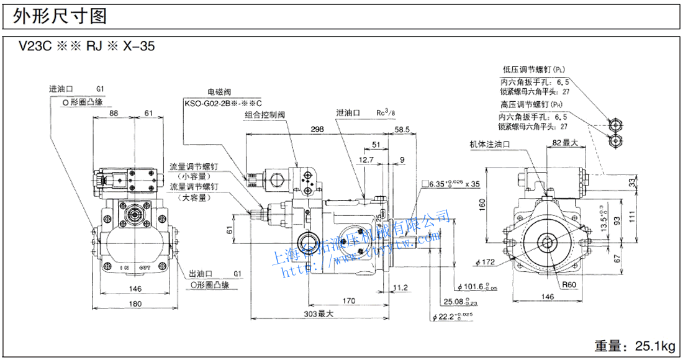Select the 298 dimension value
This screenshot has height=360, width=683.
[318, 130]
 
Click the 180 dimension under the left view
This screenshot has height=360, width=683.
[135, 304]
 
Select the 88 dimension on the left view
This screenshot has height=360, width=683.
[114, 113]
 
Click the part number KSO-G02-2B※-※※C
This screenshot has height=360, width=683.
[224, 103]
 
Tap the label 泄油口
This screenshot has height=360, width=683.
[346, 112]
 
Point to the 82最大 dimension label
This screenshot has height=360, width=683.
[564, 143]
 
